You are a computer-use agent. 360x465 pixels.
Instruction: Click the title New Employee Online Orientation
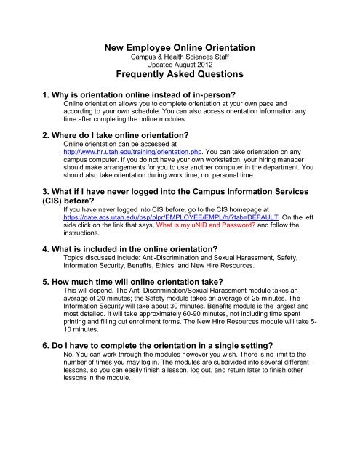[x=180, y=48]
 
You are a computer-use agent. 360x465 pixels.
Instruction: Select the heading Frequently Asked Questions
[x=180, y=81]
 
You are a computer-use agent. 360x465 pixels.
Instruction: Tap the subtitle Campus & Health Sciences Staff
[x=180, y=58]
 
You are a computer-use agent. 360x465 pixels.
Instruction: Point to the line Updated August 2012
[x=180, y=66]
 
